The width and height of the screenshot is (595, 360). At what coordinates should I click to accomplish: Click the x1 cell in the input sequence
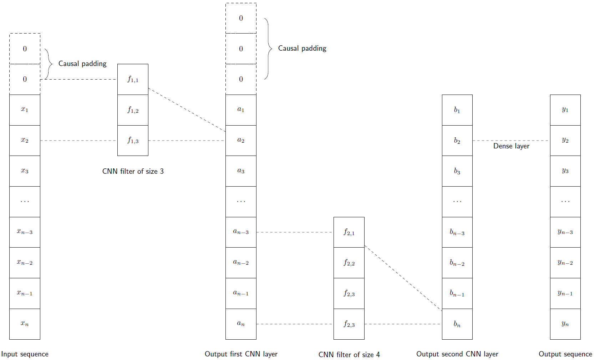coord(25,110)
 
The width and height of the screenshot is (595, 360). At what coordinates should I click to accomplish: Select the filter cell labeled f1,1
coord(133,79)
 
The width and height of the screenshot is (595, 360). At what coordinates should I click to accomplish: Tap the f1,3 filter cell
coord(133,141)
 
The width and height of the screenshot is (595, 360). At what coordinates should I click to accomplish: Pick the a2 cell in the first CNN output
coord(241,141)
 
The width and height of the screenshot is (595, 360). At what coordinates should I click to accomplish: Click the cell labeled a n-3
coord(241,232)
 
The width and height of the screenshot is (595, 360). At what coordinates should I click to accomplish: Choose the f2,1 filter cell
coord(349,232)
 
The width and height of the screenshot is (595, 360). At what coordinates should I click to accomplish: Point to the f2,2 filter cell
coord(349,263)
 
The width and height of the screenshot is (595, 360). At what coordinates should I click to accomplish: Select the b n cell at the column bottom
coord(457,324)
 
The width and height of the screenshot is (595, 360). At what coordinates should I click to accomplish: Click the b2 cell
coord(457,141)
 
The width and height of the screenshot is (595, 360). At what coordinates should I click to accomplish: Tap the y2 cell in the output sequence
coord(565,141)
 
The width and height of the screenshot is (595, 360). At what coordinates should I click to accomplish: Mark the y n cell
coord(565,324)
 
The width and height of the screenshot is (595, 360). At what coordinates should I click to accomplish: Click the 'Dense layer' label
coord(511,146)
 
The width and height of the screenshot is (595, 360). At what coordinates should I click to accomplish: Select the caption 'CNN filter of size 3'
coord(133,171)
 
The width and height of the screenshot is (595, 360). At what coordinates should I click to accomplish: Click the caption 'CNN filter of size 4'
coord(349,355)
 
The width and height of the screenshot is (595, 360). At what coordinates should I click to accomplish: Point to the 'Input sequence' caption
coord(25,354)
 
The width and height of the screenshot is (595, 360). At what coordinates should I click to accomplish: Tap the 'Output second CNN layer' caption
coord(457,354)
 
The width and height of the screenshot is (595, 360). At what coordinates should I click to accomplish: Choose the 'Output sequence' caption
coord(565,354)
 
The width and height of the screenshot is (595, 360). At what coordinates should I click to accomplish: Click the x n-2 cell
coord(25,263)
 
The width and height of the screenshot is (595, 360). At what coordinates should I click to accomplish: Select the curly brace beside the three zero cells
coord(268,49)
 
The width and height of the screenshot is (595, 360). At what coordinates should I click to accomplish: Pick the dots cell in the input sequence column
coord(25,202)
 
